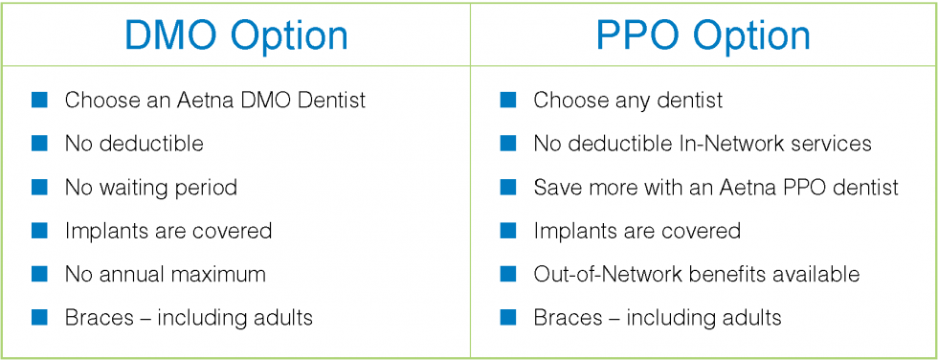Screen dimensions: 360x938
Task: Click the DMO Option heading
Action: click(x=235, y=34)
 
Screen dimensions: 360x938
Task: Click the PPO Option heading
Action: click(x=703, y=34)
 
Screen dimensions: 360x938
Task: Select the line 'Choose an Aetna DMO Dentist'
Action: click(x=214, y=100)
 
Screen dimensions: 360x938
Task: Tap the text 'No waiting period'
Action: click(x=150, y=187)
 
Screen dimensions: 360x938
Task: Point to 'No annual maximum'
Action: click(x=165, y=274)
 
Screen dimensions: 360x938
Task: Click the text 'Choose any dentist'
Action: click(x=628, y=100)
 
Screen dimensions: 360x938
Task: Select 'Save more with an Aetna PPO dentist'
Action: click(x=716, y=187)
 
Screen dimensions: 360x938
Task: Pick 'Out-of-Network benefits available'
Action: click(x=696, y=274)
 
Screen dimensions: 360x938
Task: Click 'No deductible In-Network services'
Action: click(x=703, y=144)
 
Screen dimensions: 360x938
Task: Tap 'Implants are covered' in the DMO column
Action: click(x=168, y=231)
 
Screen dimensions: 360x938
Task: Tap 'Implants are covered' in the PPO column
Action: click(x=636, y=231)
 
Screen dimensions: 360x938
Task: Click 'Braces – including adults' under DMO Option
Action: click(x=189, y=317)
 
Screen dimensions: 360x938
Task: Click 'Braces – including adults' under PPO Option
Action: click(x=657, y=317)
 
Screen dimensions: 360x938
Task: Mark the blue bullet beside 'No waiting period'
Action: click(x=39, y=187)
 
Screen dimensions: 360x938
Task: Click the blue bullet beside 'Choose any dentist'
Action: click(x=508, y=100)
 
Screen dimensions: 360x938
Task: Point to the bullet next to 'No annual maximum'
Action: click(x=39, y=274)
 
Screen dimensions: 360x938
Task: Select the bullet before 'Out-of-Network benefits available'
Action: click(x=508, y=274)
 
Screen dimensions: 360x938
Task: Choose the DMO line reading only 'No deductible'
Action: click(x=134, y=144)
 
